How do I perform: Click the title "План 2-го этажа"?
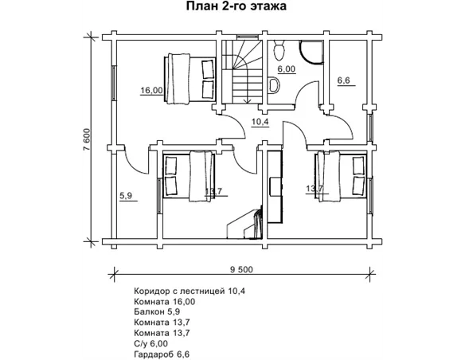pyautogui.click(x=236, y=6)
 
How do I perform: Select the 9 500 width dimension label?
pyautogui.click(x=242, y=269)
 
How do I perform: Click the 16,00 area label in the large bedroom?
pyautogui.click(x=151, y=90)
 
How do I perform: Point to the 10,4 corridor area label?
pyautogui.click(x=260, y=121)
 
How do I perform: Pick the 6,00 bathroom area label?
pyautogui.click(x=287, y=68)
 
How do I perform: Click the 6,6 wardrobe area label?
pyautogui.click(x=344, y=80)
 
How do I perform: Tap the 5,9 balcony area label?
pyautogui.click(x=126, y=196)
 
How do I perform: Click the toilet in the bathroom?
pyautogui.click(x=279, y=50)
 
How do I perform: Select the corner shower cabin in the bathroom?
pyautogui.click(x=311, y=53)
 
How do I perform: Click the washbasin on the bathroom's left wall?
pyautogui.click(x=274, y=85)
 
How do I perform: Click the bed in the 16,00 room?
pyautogui.click(x=190, y=79)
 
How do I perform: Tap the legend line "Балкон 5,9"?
pyautogui.click(x=157, y=311)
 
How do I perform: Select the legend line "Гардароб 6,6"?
pyautogui.click(x=162, y=354)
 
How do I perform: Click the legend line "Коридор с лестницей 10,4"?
pyautogui.click(x=190, y=292)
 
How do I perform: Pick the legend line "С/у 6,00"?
pyautogui.click(x=151, y=343)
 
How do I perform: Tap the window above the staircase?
pyautogui.click(x=248, y=37)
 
